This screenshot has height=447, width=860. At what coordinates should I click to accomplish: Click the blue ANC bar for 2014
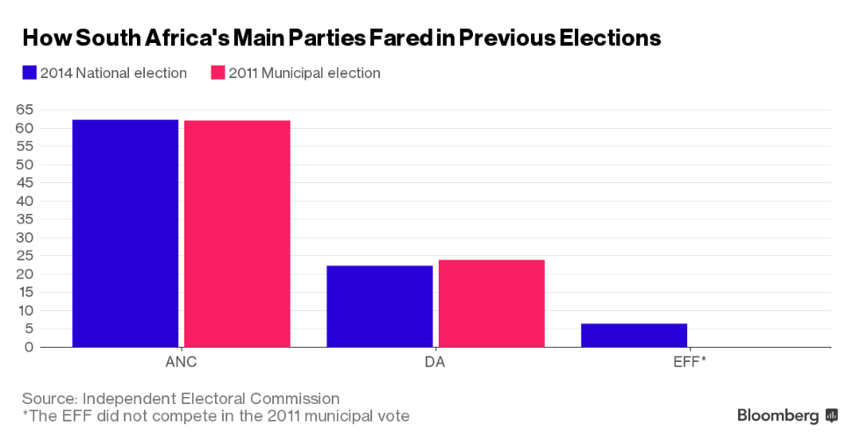[125, 233]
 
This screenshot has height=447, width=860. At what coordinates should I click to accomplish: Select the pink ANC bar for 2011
[237, 233]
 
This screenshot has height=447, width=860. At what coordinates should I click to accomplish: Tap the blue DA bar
[379, 306]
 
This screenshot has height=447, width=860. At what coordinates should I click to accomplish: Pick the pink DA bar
[491, 303]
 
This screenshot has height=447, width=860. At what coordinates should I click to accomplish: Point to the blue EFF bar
[634, 335]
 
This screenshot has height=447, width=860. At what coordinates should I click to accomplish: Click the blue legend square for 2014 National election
[29, 73]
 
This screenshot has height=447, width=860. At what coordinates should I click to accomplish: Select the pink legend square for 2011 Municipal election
[218, 73]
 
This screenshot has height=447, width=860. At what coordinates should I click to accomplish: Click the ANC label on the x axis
[181, 361]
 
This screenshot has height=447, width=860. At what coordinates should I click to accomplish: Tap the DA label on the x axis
[435, 361]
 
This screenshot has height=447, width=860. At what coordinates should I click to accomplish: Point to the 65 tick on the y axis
[24, 110]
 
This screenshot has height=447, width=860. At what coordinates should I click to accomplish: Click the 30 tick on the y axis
[24, 238]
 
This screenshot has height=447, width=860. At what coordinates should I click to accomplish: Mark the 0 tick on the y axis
[29, 347]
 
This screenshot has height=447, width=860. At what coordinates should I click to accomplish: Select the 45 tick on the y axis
[24, 182]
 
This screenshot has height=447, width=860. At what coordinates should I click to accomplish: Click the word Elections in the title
[604, 39]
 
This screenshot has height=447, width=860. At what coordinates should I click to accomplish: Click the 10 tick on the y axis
[24, 310]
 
